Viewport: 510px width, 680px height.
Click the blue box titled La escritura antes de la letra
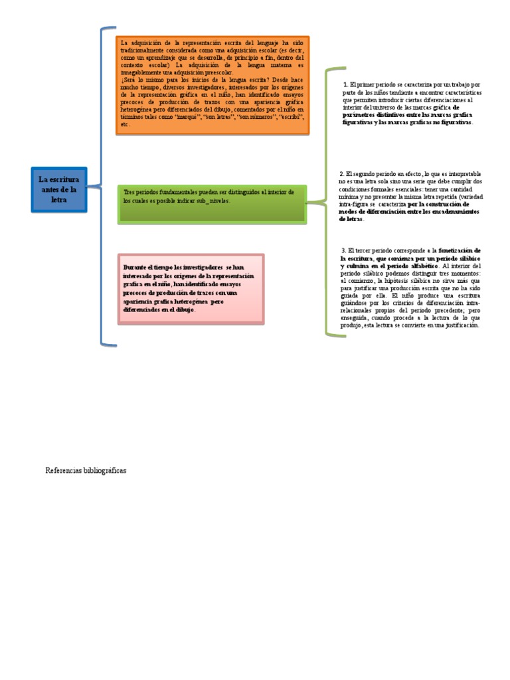58,190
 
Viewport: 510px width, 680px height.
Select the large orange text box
212,85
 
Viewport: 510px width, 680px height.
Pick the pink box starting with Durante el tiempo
191,288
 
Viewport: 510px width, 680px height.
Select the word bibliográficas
104,470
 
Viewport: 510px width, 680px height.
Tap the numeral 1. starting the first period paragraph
346,85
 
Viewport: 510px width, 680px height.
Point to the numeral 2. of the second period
341,174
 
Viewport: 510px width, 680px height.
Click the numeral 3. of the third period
343,250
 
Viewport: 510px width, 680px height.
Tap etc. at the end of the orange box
124,124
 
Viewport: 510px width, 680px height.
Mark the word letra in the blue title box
58,199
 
